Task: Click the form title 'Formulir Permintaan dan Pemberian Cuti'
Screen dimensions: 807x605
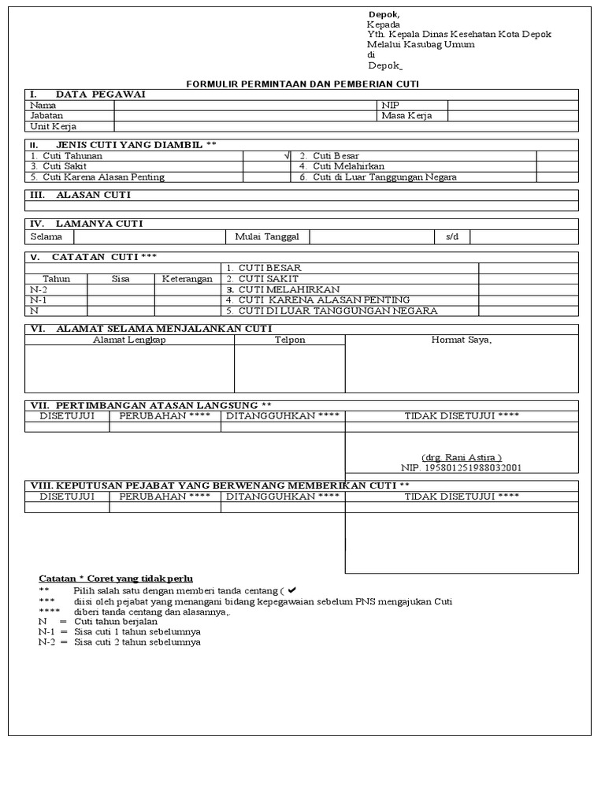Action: point(302,84)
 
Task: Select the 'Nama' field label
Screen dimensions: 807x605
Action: point(43,105)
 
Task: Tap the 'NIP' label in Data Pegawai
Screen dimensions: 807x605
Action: point(391,105)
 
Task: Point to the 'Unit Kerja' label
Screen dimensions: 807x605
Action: point(53,126)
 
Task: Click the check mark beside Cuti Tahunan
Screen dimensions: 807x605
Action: point(287,156)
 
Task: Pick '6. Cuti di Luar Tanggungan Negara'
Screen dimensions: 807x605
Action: point(377,177)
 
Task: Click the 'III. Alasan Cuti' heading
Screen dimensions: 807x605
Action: point(80,195)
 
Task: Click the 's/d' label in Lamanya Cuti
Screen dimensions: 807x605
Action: point(451,237)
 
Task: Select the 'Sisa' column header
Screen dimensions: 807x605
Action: point(121,279)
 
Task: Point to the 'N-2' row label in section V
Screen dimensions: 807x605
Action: point(39,289)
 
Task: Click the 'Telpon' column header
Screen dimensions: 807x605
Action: point(289,340)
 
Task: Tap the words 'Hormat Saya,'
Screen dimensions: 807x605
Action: point(461,340)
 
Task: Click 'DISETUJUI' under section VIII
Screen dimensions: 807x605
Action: point(67,496)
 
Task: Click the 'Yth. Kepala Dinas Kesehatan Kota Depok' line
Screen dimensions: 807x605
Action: point(458,35)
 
